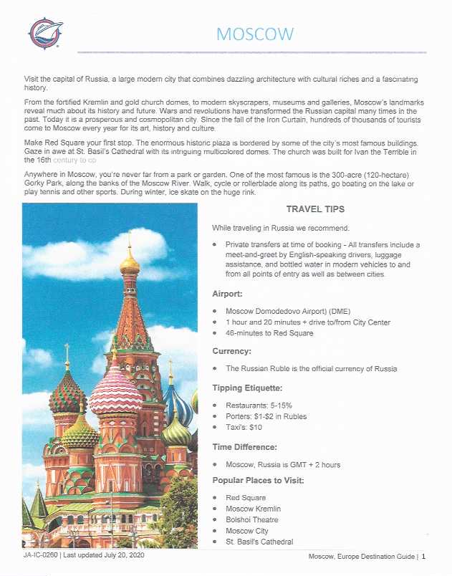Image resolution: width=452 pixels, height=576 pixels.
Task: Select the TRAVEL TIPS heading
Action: click(x=315, y=209)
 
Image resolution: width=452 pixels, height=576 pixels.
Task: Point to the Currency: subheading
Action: click(x=233, y=351)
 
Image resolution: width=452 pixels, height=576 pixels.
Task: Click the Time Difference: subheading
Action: click(x=249, y=446)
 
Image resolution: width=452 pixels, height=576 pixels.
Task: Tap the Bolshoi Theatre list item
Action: click(x=251, y=519)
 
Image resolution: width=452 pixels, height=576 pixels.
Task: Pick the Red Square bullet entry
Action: click(x=245, y=497)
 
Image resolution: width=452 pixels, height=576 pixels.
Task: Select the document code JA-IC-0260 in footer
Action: click(x=37, y=555)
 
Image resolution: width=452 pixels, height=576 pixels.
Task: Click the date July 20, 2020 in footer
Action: click(x=125, y=555)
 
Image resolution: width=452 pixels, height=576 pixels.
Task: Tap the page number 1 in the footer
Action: click(x=423, y=556)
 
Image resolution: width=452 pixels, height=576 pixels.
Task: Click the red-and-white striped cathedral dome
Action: click(x=115, y=390)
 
